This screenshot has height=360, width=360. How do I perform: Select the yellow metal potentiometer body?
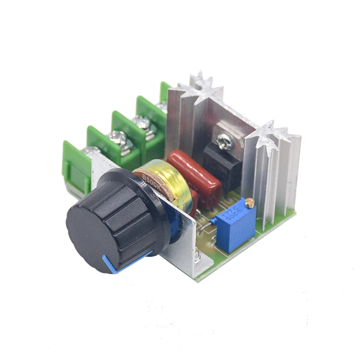tap(166, 180)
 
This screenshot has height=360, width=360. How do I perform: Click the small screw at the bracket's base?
tap(199, 256)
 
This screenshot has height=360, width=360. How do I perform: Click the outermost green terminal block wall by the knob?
tap(76, 169)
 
